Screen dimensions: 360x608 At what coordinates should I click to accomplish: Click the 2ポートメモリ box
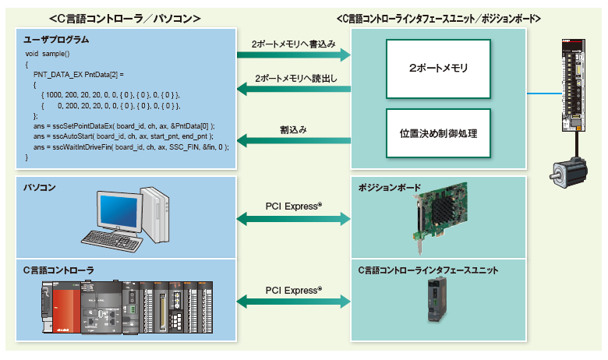pyautogui.click(x=438, y=69)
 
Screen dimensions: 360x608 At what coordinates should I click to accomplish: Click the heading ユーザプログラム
pyautogui.click(x=55, y=39)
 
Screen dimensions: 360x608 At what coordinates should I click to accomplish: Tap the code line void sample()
pyautogui.click(x=48, y=54)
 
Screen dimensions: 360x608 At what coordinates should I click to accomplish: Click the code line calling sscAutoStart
pyautogui.click(x=117, y=136)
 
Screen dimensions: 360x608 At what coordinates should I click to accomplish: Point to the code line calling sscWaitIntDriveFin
pyautogui.click(x=125, y=146)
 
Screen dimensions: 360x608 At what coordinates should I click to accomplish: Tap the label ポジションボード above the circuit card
pyautogui.click(x=389, y=188)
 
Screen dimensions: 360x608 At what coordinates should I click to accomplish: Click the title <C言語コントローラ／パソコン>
pyautogui.click(x=125, y=16)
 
